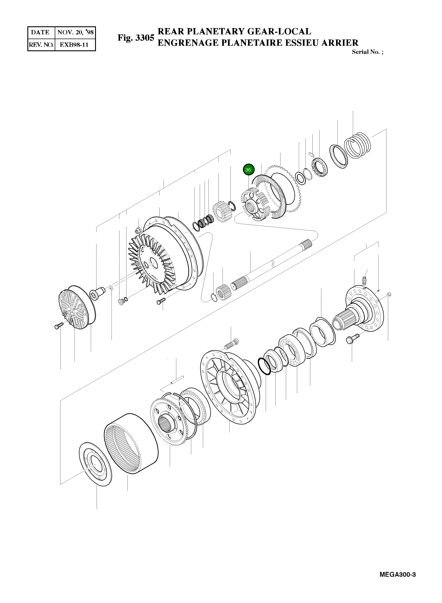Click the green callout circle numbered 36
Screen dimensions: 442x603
(249, 170)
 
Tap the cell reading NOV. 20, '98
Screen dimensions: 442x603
(75, 33)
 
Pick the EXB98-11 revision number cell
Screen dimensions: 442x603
(75, 45)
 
